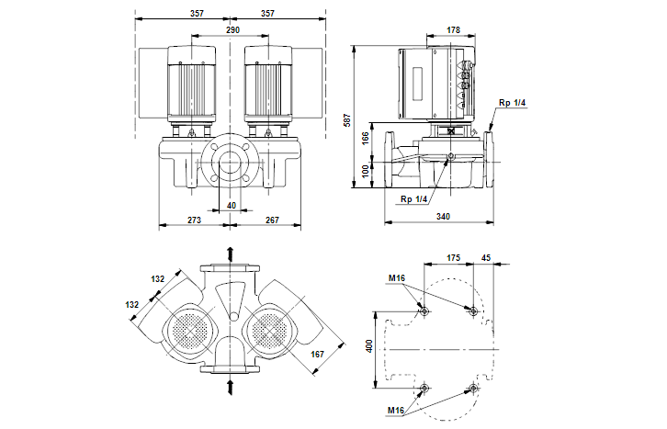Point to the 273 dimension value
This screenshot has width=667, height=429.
pyautogui.click(x=194, y=220)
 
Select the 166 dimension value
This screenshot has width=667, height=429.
pyautogui.click(x=365, y=137)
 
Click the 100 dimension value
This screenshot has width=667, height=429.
pyautogui.click(x=365, y=172)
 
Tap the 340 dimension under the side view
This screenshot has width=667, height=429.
pyautogui.click(x=442, y=217)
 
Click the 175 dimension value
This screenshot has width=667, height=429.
pyautogui.click(x=452, y=258)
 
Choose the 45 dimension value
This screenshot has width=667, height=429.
pyautogui.click(x=487, y=258)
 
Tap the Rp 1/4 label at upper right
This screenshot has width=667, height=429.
pyautogui.click(x=512, y=102)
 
